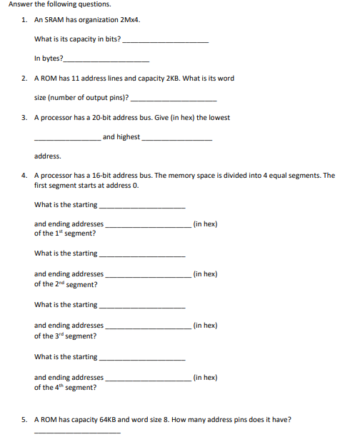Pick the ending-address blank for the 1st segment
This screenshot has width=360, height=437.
tap(148, 226)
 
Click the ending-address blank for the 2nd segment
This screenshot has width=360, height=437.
tap(148, 276)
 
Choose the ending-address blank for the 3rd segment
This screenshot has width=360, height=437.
tap(148, 328)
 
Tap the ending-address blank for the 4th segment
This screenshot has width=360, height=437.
tap(148, 380)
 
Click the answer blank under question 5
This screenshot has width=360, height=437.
tap(77, 433)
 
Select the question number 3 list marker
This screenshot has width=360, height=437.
tap(24, 118)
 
